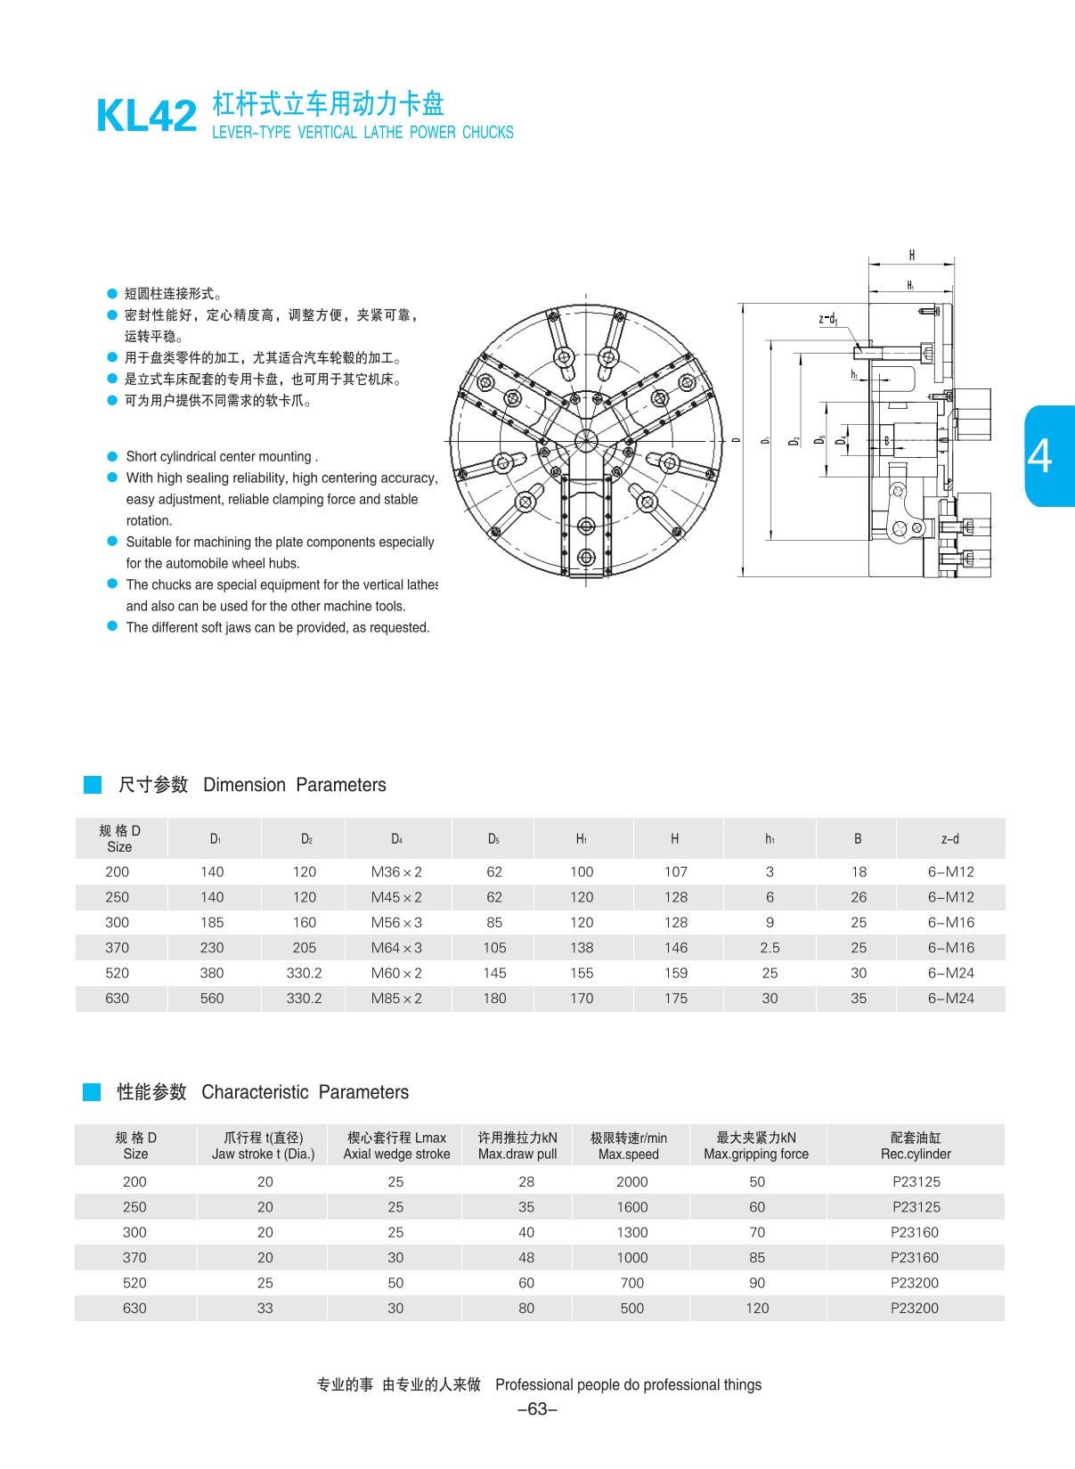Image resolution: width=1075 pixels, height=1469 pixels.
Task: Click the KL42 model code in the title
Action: [x=146, y=116]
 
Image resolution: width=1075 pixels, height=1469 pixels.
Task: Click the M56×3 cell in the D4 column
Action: [x=396, y=922]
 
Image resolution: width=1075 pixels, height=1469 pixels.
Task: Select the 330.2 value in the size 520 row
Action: [x=305, y=973]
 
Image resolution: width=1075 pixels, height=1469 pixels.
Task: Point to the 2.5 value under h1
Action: [x=770, y=948]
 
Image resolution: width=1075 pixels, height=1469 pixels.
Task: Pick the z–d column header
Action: [x=950, y=838]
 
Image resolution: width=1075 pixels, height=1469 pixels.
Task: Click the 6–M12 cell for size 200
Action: [x=950, y=872]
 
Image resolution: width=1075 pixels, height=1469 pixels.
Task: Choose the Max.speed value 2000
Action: [x=631, y=1181]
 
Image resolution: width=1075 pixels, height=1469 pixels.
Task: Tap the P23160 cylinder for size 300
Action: [x=915, y=1232]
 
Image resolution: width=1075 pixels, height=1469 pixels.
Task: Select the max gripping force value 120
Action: [x=757, y=1308]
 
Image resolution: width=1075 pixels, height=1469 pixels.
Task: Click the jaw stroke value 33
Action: [x=265, y=1308]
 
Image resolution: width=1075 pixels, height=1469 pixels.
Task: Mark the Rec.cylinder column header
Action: [x=916, y=1146]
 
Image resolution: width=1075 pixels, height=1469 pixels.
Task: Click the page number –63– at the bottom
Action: [x=537, y=1409]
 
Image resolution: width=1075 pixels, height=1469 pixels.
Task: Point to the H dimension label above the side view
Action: [x=911, y=256]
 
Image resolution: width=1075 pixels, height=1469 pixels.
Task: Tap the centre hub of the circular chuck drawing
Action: [x=587, y=440]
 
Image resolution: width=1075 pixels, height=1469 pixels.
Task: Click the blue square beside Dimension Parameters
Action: [x=93, y=785]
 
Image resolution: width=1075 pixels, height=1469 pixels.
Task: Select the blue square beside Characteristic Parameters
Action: [x=92, y=1092]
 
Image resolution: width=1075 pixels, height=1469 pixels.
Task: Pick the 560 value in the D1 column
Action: [x=212, y=998]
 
